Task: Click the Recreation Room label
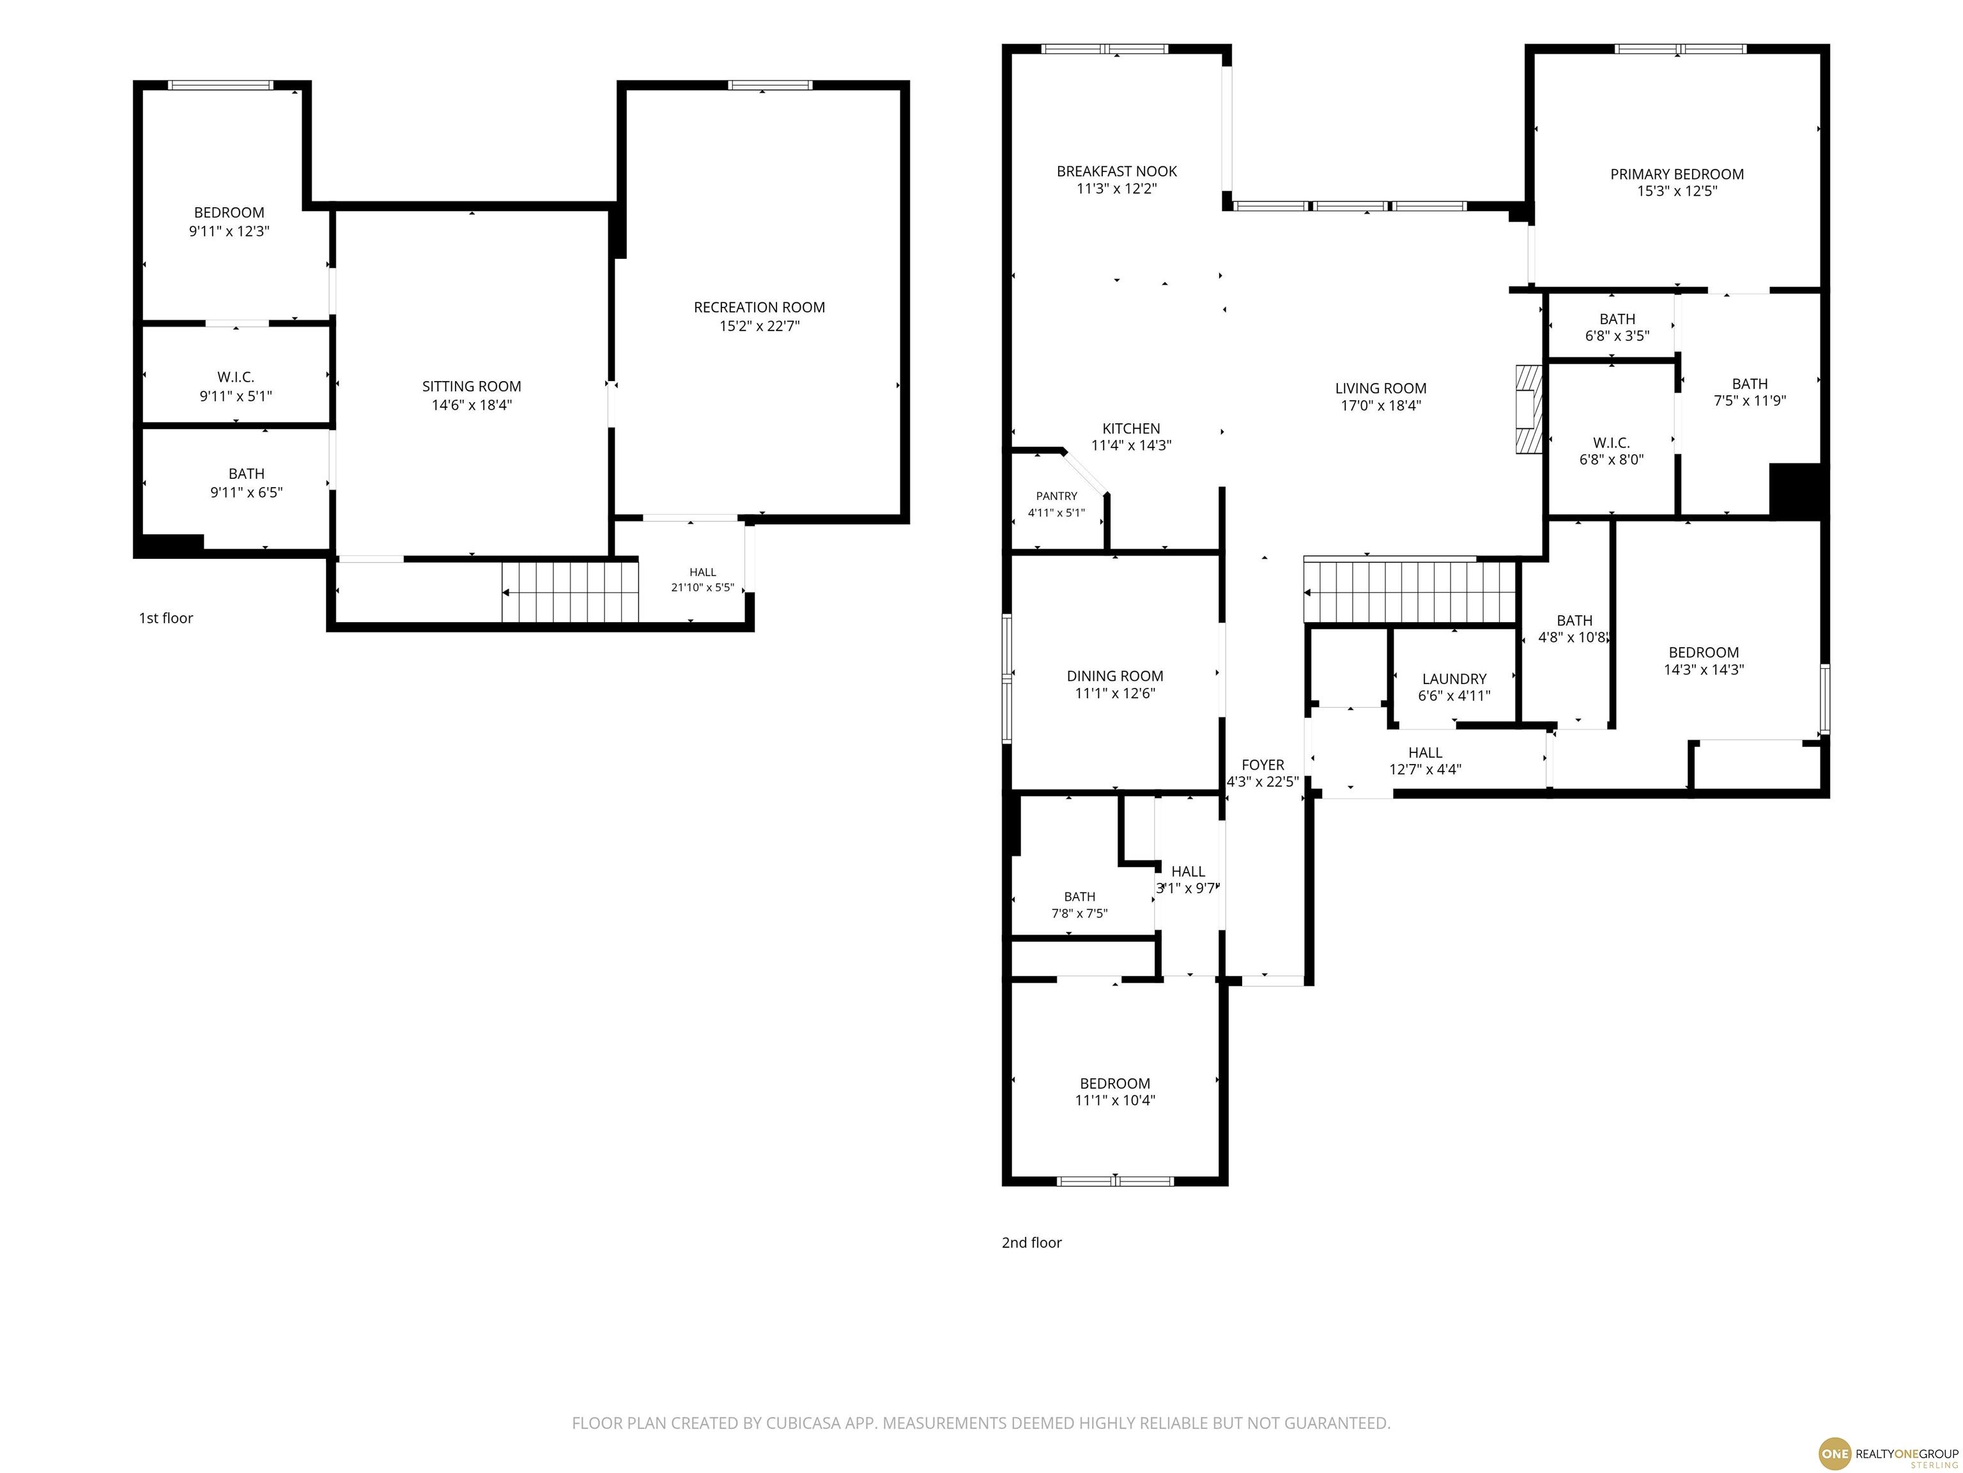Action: (x=758, y=308)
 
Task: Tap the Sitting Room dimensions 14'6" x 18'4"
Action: (x=471, y=405)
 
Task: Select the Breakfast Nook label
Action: (x=1116, y=171)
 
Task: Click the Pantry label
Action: (x=1056, y=496)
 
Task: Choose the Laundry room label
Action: (x=1454, y=679)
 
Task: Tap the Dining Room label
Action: (x=1114, y=676)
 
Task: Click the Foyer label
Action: (x=1263, y=765)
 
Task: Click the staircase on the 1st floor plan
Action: (x=571, y=592)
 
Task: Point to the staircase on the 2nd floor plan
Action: (x=1409, y=591)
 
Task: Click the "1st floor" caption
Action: (x=166, y=618)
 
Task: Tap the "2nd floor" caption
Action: (x=1031, y=1242)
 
